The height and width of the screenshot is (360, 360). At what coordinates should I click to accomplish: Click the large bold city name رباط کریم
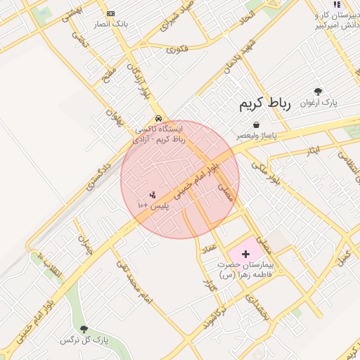[x=264, y=105]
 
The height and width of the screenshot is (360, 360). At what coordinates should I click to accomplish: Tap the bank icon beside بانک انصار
[x=110, y=14]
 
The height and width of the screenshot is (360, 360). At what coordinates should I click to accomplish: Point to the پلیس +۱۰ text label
[x=151, y=205]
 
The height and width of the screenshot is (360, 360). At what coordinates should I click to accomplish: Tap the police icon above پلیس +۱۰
[x=152, y=194]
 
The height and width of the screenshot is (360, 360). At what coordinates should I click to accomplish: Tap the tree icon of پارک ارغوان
[x=318, y=91]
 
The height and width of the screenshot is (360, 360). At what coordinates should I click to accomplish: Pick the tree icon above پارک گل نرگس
[x=84, y=329]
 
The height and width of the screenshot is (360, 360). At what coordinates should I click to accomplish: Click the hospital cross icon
[x=245, y=253]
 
